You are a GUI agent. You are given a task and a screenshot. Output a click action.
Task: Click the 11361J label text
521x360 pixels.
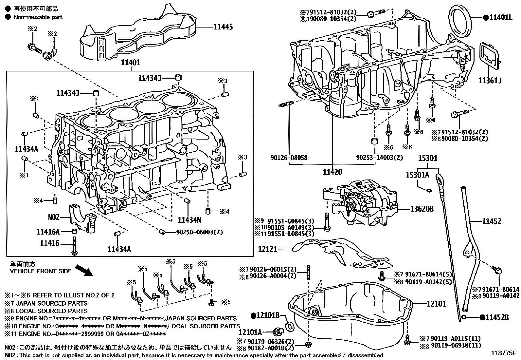490,81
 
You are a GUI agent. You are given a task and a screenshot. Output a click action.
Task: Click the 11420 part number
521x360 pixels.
332,172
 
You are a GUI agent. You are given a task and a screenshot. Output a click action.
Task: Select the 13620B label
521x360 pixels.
422,209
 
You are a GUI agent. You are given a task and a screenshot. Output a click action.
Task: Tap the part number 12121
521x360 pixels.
268,249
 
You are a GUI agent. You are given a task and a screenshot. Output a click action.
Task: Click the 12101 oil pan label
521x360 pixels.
436,304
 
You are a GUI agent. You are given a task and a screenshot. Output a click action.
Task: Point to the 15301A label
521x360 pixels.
417,175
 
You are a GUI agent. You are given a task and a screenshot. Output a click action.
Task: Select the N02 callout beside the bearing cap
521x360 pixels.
54,217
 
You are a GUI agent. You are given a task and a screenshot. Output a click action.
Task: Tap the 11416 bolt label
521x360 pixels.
50,243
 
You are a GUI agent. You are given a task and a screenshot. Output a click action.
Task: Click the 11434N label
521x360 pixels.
189,219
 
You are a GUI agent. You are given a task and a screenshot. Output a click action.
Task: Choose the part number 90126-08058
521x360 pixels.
289,158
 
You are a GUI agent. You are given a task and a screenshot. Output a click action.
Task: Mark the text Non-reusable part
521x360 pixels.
38,17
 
